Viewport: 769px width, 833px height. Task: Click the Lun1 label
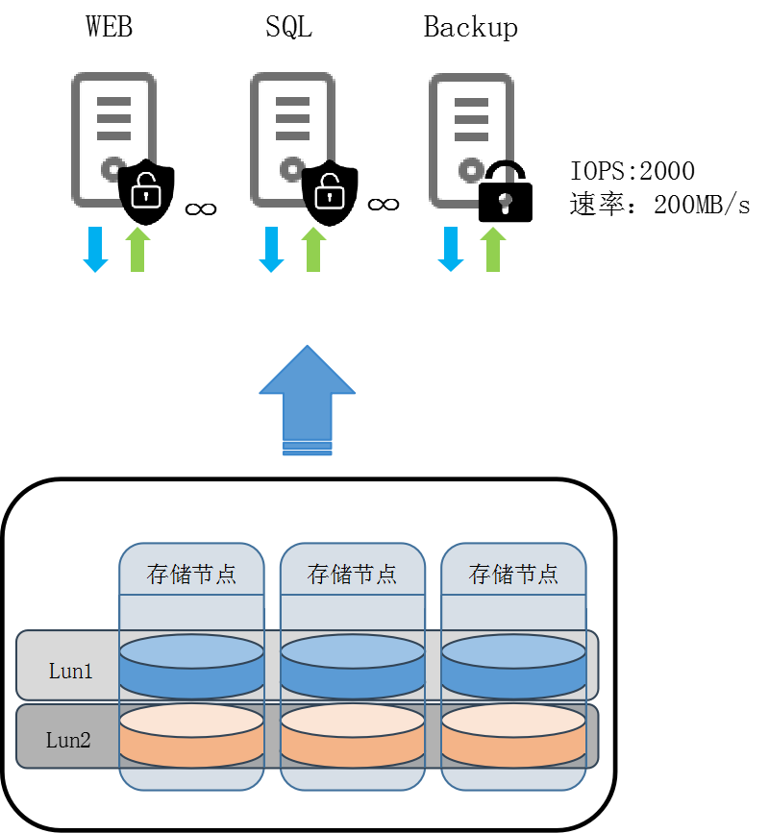[x=71, y=672]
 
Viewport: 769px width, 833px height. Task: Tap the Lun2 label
[x=68, y=740]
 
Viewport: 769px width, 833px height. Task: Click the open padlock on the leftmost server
[x=146, y=190]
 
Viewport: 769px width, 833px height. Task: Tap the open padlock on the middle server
[x=330, y=191]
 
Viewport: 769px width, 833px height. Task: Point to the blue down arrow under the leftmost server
[x=95, y=250]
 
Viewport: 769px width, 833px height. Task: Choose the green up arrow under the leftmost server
[x=137, y=250]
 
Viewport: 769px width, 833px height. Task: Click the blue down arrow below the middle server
[x=271, y=250]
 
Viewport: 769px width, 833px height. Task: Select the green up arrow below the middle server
[x=313, y=250]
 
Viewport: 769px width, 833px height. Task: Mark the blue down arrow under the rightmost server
[x=451, y=250]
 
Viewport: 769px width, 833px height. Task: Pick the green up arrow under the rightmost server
[x=493, y=250]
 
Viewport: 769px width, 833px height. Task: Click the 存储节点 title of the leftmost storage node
[x=191, y=575]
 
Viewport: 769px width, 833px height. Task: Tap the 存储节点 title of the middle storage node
[x=352, y=575]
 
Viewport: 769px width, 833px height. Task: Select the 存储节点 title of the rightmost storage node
[x=513, y=575]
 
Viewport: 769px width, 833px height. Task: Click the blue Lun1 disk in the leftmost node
[x=191, y=667]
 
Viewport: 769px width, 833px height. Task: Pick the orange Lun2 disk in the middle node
[x=352, y=736]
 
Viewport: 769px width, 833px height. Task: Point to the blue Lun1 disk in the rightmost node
[x=513, y=667]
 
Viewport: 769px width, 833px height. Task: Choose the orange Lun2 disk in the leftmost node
[x=191, y=736]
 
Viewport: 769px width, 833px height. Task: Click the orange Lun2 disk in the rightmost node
[x=513, y=736]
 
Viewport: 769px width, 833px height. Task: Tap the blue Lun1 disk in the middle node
[x=352, y=667]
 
